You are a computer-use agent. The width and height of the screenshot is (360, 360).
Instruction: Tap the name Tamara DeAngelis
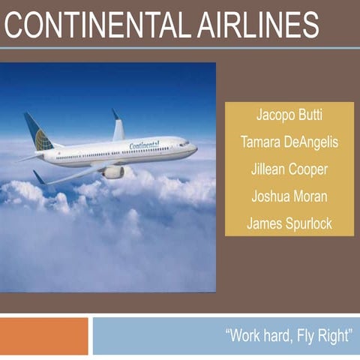(x=289, y=143)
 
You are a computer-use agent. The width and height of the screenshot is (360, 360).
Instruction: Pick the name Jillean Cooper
(x=289, y=169)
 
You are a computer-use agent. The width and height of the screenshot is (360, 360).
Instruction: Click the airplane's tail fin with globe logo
(x=38, y=133)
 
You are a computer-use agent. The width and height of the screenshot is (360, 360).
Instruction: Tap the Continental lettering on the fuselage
(x=144, y=144)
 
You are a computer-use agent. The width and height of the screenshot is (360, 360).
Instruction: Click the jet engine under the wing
(x=113, y=172)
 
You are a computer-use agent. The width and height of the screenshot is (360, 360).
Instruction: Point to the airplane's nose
(x=194, y=148)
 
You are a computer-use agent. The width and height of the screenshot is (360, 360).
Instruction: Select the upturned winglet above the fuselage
(x=118, y=126)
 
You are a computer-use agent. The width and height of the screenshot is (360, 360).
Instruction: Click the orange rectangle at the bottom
(x=43, y=335)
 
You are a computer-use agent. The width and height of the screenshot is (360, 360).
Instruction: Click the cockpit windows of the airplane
(x=184, y=143)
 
